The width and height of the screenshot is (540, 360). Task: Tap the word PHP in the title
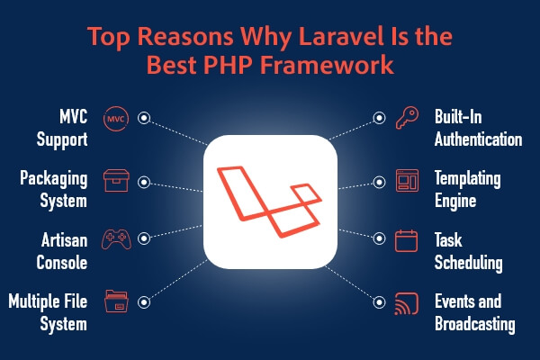click(x=228, y=65)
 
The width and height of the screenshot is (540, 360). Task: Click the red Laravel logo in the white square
click(x=270, y=202)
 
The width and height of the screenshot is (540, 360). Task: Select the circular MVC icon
click(x=116, y=119)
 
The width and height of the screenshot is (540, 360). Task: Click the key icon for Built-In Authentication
click(x=407, y=118)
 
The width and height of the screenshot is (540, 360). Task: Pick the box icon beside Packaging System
click(x=116, y=181)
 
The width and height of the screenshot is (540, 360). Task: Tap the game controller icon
click(x=116, y=238)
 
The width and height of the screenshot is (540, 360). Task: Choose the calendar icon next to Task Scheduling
click(x=407, y=241)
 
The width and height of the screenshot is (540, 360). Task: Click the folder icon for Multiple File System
click(x=116, y=301)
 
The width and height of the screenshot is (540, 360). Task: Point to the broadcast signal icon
click(x=407, y=303)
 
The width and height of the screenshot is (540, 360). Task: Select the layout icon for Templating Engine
click(x=407, y=181)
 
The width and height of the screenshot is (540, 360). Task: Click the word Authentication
click(x=479, y=139)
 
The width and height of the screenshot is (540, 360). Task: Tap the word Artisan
click(x=65, y=240)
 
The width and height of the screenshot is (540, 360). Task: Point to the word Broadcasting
click(x=475, y=324)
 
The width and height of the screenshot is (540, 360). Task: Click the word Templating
click(x=468, y=179)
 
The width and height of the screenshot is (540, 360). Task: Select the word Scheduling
click(x=468, y=263)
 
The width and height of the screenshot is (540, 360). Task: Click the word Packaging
click(x=54, y=179)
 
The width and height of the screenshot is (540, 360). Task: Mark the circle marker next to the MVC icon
click(x=144, y=118)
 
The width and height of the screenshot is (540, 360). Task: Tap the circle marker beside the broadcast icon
click(x=379, y=302)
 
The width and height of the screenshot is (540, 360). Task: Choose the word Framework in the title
click(x=327, y=65)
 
